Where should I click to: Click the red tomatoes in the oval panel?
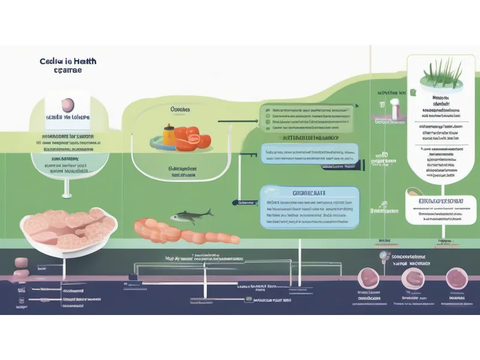(194, 137)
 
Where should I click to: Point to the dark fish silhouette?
(191, 215)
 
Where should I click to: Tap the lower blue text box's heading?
(309, 193)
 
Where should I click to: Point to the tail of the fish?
(210, 212)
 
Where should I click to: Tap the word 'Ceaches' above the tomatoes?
(180, 110)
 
